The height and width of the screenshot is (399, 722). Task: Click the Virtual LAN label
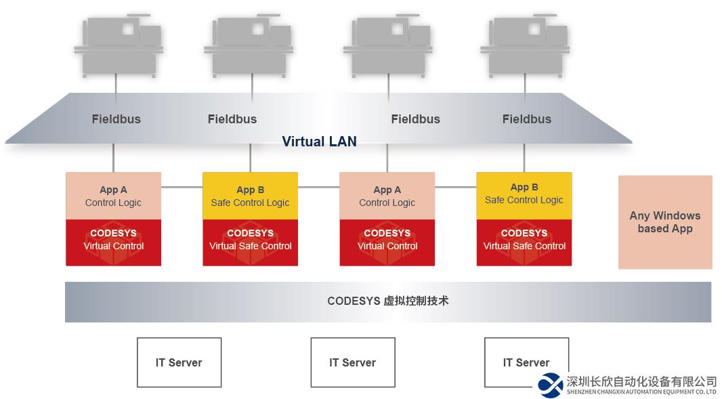click(319, 142)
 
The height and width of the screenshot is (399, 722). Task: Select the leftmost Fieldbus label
click(116, 119)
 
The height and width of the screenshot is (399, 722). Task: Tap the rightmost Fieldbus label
click(526, 119)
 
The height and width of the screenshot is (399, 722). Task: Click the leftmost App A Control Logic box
click(113, 196)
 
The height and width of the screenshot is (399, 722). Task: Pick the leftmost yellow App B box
click(250, 196)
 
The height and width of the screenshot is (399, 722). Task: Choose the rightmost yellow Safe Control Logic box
click(524, 195)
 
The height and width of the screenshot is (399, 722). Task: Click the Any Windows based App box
click(665, 222)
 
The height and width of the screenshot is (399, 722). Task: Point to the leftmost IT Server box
click(179, 362)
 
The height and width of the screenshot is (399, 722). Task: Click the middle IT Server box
click(352, 362)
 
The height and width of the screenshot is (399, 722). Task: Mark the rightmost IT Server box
click(526, 362)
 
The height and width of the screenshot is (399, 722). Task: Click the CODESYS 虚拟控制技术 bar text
click(387, 301)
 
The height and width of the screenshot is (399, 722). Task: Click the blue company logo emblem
click(551, 385)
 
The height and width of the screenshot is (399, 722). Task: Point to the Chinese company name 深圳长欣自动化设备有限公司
click(641, 381)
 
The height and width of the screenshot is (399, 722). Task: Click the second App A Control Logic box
click(387, 196)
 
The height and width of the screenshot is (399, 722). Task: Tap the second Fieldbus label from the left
click(232, 119)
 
